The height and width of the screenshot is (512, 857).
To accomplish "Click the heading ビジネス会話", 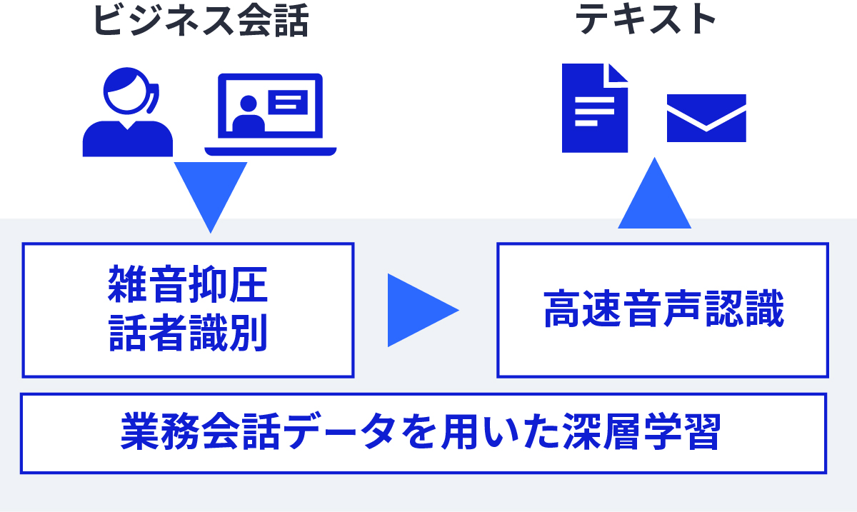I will (201, 21).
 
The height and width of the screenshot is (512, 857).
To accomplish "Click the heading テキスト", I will (646, 20).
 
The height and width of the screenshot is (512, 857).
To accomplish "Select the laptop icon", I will (270, 114).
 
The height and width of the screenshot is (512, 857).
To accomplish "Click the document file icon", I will (594, 108).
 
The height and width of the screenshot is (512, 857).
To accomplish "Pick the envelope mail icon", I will (706, 118).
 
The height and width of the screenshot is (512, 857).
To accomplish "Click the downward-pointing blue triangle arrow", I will (211, 191).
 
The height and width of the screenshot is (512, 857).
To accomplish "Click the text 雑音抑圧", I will (188, 283).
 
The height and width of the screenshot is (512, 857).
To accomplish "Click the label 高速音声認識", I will (663, 309).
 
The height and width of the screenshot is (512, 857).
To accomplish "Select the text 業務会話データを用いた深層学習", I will (421, 432).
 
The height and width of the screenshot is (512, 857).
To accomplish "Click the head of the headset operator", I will (127, 91).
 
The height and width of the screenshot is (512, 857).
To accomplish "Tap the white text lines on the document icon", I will (593, 111).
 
